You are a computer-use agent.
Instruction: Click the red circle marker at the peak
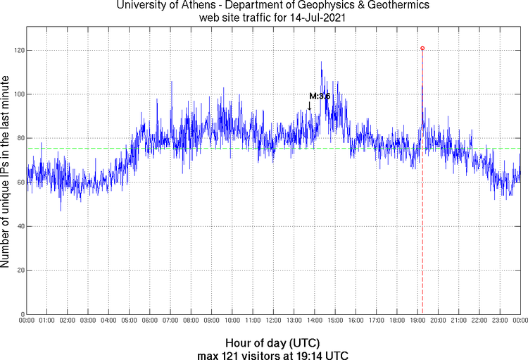coord(422,48)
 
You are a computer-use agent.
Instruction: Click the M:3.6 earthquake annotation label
coord(320,96)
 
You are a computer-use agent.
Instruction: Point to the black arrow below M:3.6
coord(309,106)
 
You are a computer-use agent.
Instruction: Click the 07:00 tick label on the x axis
coord(170,321)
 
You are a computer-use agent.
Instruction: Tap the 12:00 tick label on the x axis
coord(273,321)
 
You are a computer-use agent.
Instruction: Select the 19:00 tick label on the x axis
coord(417,321)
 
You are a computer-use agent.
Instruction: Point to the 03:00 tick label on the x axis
coord(89,321)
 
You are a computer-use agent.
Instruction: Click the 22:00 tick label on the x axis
coord(479,321)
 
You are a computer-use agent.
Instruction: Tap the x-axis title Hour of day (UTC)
coord(273,342)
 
